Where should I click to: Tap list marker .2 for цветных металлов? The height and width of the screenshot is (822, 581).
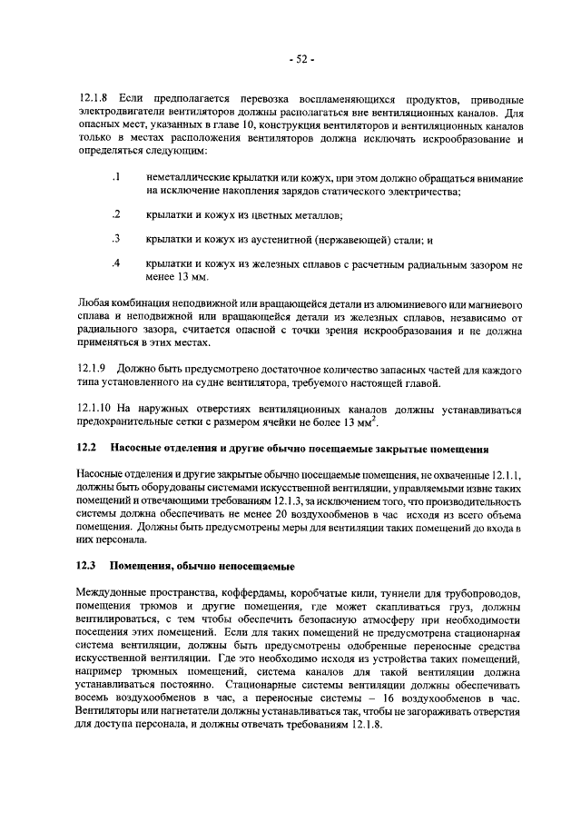click(x=115, y=214)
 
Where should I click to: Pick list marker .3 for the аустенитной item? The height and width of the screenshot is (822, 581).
click(x=115, y=239)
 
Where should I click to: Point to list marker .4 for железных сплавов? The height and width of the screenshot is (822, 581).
click(x=115, y=263)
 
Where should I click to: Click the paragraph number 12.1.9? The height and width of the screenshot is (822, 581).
click(x=94, y=371)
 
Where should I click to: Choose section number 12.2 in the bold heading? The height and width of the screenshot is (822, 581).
click(x=86, y=449)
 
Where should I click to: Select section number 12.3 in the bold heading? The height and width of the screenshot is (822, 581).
click(x=86, y=566)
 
